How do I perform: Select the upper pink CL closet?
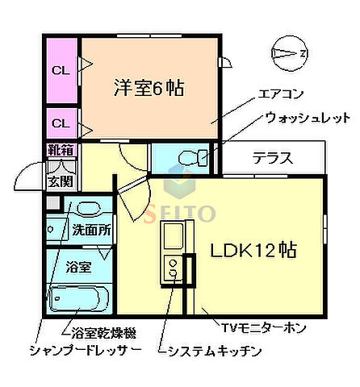click(x=61, y=70)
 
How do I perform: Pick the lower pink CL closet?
click(x=61, y=123)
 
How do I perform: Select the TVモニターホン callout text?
click(x=263, y=327)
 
